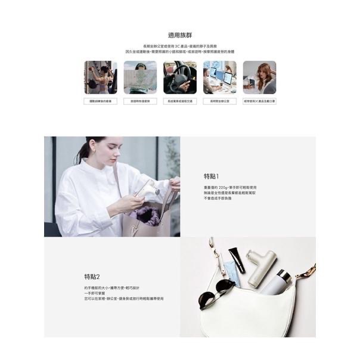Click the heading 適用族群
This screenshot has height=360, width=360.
179,35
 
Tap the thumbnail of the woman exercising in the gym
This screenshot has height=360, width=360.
100,77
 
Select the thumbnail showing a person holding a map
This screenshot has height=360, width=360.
140,77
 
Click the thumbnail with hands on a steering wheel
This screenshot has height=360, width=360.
179,77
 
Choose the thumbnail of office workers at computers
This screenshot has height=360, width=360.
219,77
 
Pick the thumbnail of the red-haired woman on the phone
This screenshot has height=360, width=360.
259,77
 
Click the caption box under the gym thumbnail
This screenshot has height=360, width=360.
100,101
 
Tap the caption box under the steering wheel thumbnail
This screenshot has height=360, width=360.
179,101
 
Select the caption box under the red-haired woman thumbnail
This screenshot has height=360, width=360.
259,101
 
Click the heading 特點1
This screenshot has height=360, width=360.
212,176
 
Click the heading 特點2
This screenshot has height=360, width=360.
92,277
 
